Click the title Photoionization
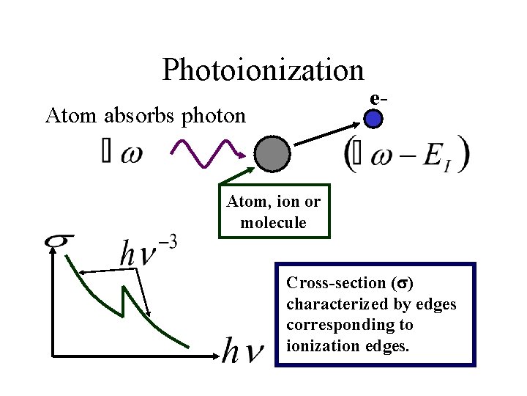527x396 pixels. point(263,70)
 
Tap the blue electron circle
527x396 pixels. point(374,117)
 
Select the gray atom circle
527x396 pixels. point(273,153)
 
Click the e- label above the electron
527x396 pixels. point(378,98)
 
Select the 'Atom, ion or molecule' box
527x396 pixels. point(274,212)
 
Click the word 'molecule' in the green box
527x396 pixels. point(273,223)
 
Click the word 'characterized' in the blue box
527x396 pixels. point(332,304)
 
